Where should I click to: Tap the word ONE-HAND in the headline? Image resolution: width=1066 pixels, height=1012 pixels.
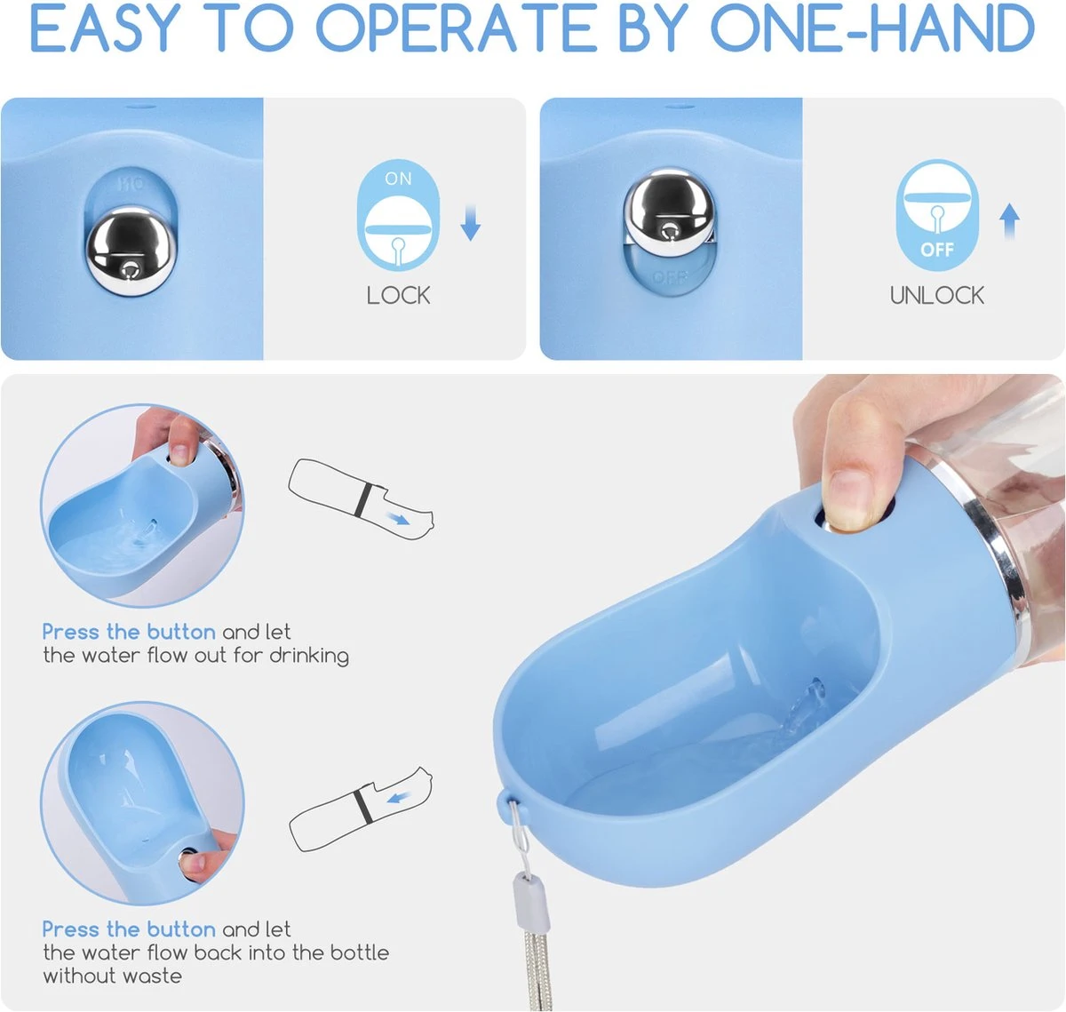pos(872,28)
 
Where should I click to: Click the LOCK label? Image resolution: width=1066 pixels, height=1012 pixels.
pos(399,296)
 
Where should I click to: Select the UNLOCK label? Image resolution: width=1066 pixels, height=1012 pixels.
pos(937,296)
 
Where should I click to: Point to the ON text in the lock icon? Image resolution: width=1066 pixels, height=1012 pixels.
pos(399,179)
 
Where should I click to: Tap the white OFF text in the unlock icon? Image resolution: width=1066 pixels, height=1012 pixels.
pos(937,250)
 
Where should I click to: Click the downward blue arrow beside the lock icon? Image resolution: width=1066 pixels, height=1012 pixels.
pos(470,222)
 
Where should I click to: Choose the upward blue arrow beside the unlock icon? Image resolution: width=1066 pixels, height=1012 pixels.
pos(1009,221)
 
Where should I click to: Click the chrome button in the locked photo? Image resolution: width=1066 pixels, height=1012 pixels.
pos(131,251)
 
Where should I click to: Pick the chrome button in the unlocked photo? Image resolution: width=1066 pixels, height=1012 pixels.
pos(669,210)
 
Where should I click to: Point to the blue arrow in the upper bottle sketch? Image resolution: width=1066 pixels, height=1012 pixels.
pos(399,519)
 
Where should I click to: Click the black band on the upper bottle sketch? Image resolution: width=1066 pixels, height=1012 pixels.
pos(363,500)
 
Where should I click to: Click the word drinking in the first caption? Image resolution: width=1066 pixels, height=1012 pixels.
pos(310,656)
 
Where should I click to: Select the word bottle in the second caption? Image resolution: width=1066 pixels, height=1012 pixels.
pos(360,952)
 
